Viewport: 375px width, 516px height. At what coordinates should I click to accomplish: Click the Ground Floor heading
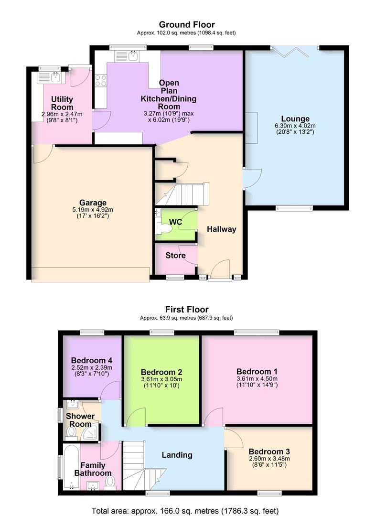pyautogui.click(x=187, y=24)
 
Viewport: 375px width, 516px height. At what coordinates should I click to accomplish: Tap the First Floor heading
pyautogui.click(x=187, y=310)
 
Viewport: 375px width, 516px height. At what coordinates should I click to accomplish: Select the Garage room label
pyautogui.click(x=93, y=203)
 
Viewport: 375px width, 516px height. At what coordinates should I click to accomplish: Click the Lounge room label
pyautogui.click(x=295, y=119)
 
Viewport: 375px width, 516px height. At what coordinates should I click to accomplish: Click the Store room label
pyautogui.click(x=175, y=255)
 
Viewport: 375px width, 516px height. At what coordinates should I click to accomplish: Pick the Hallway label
pyautogui.click(x=221, y=229)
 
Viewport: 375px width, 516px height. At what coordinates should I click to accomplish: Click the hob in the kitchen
pyautogui.click(x=101, y=81)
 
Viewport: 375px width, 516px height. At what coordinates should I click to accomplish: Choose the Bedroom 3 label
pyautogui.click(x=269, y=451)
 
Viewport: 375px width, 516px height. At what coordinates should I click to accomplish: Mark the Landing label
pyautogui.click(x=177, y=455)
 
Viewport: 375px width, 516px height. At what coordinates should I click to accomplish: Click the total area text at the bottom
pyautogui.click(x=187, y=509)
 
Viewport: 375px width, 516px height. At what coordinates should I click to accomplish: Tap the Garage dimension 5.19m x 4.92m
pyautogui.click(x=93, y=210)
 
